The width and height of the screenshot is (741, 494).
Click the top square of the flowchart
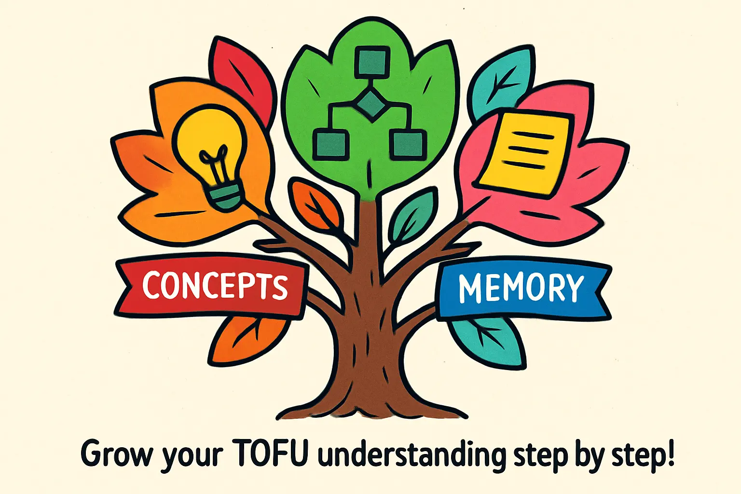[372, 62]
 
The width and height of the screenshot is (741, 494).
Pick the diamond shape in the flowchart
[371, 104]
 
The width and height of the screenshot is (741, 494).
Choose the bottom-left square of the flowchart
[330, 144]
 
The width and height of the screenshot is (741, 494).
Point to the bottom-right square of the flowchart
[408, 144]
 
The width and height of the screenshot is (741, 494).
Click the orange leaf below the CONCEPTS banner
[246, 338]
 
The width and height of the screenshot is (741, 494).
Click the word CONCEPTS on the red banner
[215, 286]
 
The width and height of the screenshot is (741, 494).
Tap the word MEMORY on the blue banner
[521, 288]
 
